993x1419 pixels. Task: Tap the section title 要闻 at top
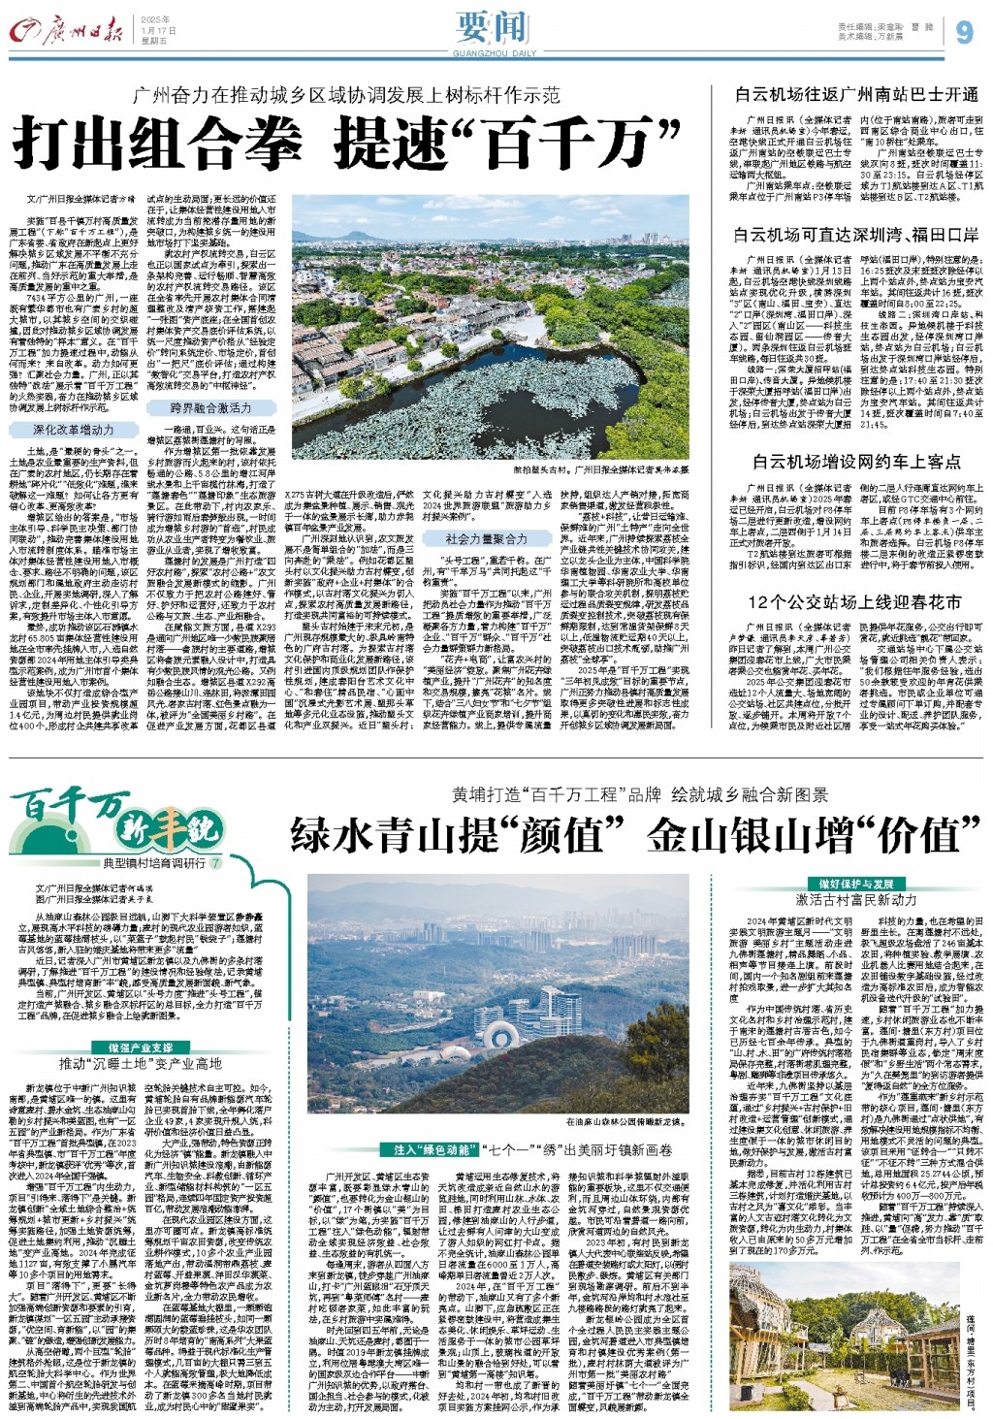[x=496, y=27]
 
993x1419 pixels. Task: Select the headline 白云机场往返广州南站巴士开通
[x=856, y=94]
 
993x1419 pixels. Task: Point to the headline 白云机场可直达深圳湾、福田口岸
[x=856, y=234]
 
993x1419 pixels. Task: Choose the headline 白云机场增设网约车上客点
[x=856, y=462]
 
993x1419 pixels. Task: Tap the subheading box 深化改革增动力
[x=73, y=429]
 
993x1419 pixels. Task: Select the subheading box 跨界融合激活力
[x=210, y=407]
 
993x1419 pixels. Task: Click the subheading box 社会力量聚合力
[x=486, y=538]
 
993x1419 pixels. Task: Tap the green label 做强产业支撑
[x=135, y=1048]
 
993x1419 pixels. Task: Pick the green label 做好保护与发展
[x=856, y=884]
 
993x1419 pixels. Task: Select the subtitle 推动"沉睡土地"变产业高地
[x=141, y=1064]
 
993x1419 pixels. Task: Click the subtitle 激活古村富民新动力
[x=856, y=900]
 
